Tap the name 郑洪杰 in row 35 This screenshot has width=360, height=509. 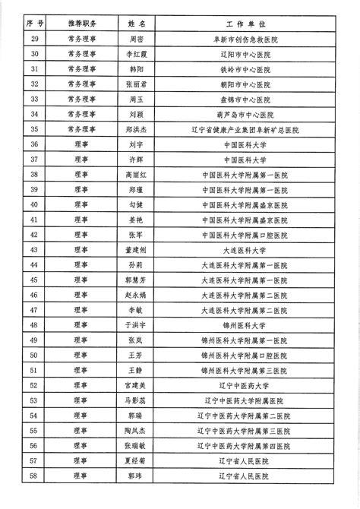(137, 130)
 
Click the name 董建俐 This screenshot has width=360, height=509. (137, 249)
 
